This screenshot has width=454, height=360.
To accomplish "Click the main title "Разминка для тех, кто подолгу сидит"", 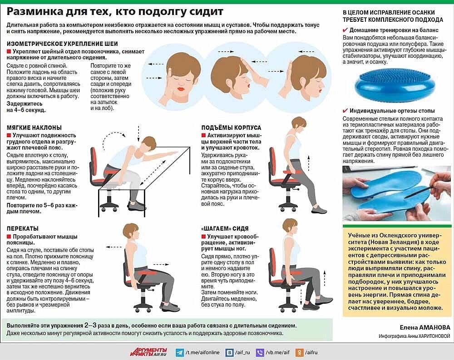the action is [x=115, y=12].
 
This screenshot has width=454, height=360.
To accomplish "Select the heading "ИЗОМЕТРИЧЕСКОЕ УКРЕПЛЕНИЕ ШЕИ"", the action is [x=62, y=44].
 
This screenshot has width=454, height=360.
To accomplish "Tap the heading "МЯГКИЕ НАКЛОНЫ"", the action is [x=34, y=128].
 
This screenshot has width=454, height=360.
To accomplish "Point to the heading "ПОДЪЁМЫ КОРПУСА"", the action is [x=231, y=128].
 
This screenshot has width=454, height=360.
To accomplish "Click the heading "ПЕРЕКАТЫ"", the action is [x=23, y=228].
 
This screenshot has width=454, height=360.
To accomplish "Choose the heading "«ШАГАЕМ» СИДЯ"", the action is [x=225, y=228].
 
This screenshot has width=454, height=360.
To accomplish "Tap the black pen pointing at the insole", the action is [x=419, y=192].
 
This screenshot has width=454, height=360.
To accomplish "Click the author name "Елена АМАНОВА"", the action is [x=425, y=327].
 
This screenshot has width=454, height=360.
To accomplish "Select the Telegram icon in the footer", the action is [x=179, y=352].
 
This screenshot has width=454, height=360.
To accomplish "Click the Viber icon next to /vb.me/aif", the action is [x=260, y=352].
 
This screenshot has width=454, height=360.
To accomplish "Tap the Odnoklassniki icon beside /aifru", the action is [x=299, y=352].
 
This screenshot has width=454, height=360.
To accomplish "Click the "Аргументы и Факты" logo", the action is [x=148, y=352].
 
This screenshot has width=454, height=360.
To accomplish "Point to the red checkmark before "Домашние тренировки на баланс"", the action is [x=345, y=30].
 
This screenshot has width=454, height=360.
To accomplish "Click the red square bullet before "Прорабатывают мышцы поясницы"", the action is [x=9, y=237].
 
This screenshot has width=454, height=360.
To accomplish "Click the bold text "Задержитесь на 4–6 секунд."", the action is [x=26, y=107].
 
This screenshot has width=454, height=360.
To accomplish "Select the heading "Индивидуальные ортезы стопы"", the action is [x=392, y=111].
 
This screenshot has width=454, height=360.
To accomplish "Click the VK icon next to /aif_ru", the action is [x=230, y=352].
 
